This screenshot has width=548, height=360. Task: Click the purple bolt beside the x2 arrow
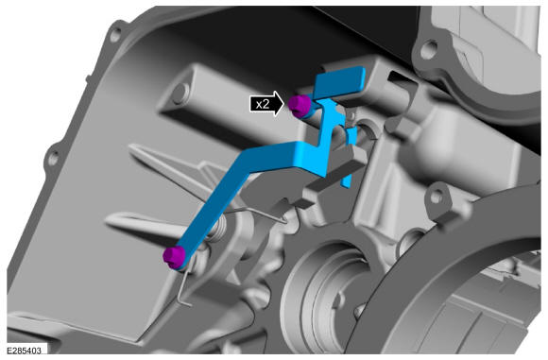point(300,106)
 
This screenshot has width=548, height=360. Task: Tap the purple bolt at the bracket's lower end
point(174,257)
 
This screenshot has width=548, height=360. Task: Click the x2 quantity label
point(263,104)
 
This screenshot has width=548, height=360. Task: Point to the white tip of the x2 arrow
point(283,103)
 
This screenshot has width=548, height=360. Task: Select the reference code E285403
point(24,351)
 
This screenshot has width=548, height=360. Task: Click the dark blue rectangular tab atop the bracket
point(340,82)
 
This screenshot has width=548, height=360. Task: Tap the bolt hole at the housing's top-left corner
point(115,35)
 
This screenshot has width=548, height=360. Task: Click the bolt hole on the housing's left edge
point(54,159)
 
